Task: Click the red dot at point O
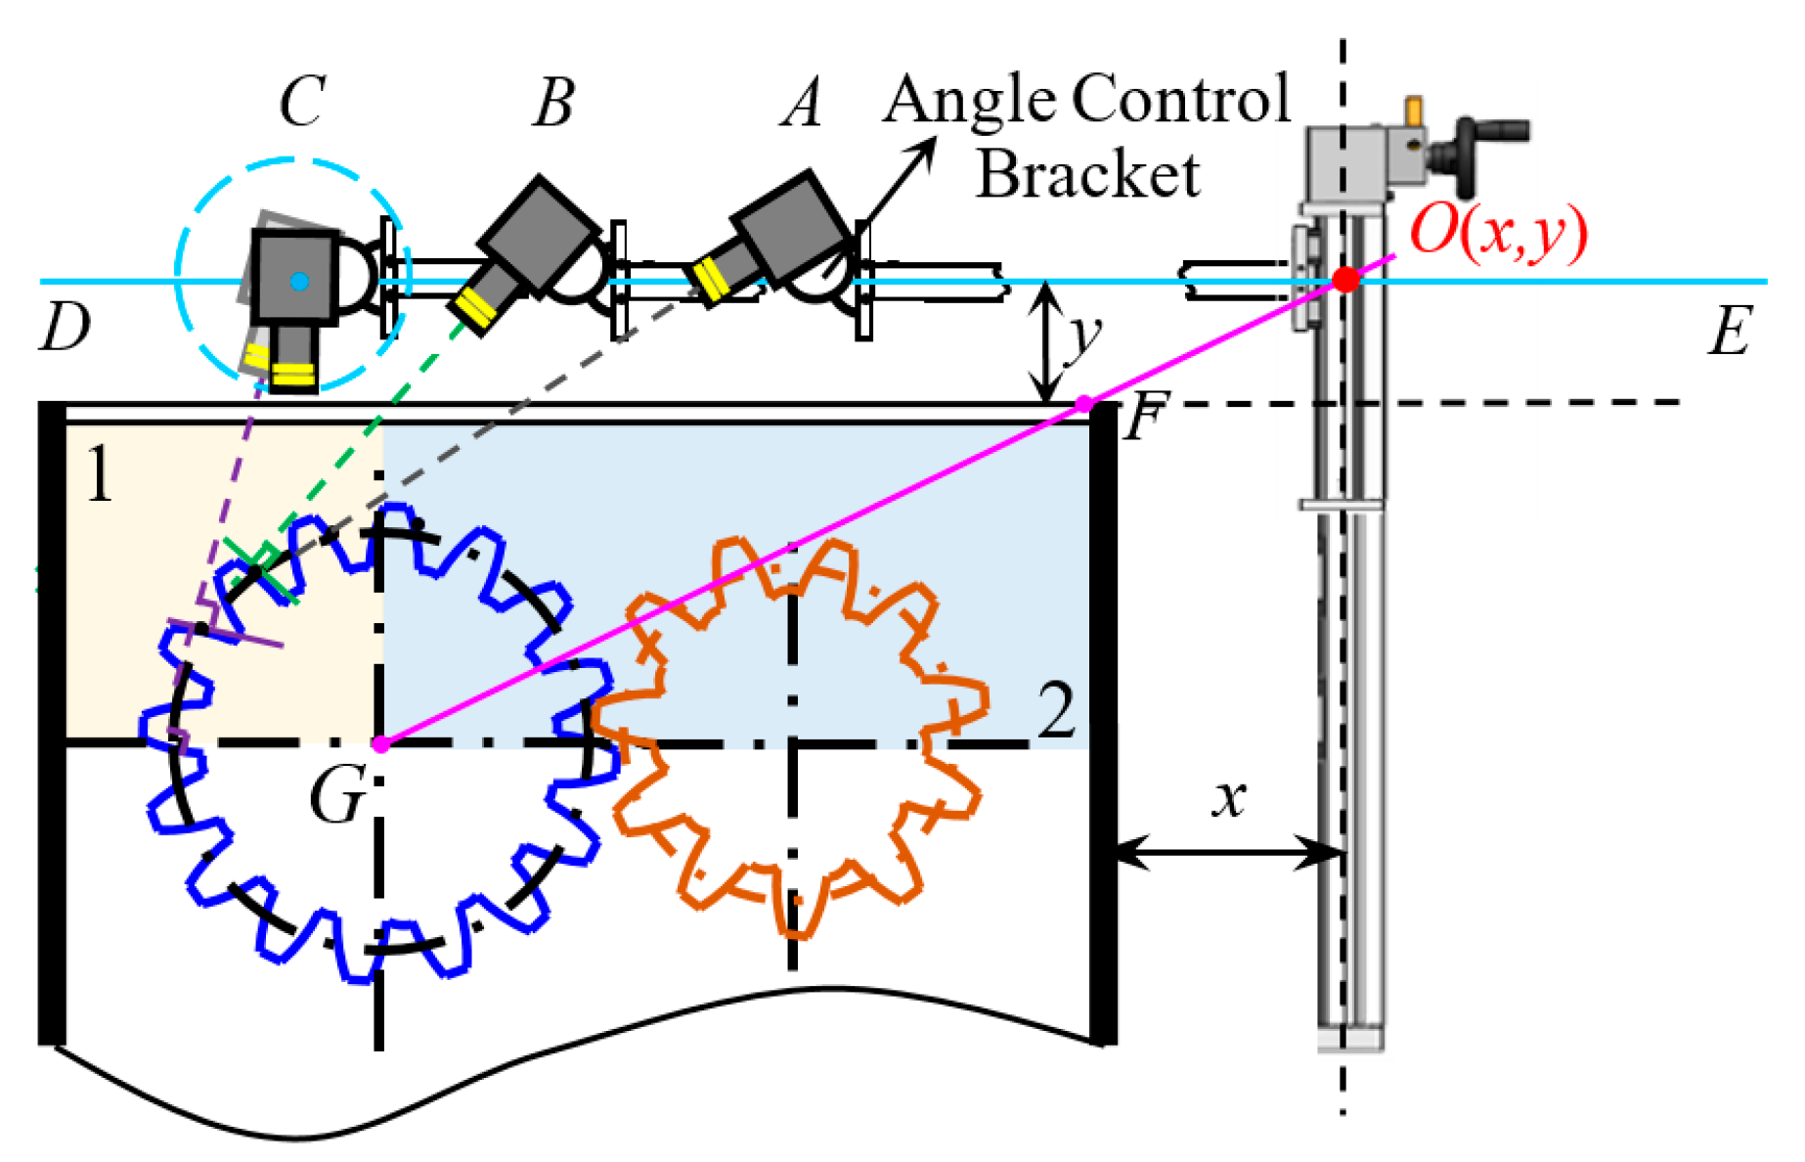click(1346, 280)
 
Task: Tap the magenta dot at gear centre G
click(380, 744)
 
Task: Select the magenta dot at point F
click(1083, 403)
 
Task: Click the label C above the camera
click(302, 102)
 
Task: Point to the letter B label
click(553, 103)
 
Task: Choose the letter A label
click(803, 104)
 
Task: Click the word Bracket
click(1087, 176)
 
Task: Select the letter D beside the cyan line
click(65, 327)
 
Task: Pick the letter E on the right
click(1729, 332)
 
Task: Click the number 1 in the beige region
click(98, 474)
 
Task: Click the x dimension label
click(1229, 797)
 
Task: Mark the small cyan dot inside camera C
click(300, 282)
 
